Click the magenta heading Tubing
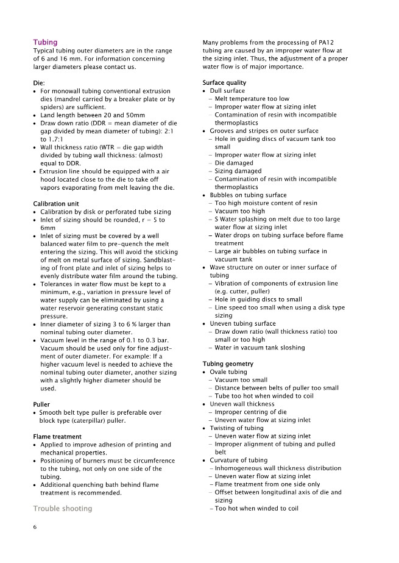pyautogui.click(x=45, y=42)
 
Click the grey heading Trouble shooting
pyautogui.click(x=63, y=508)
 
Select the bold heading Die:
pyautogui.click(x=39, y=82)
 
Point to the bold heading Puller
pyautogui.click(x=42, y=404)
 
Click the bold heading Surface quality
pyautogui.click(x=224, y=82)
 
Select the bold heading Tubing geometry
pyautogui.click(x=228, y=364)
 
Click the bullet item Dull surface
pyautogui.click(x=227, y=91)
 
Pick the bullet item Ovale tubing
pyautogui.click(x=228, y=372)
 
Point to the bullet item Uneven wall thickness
pyautogui.click(x=242, y=404)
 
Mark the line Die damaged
pyautogui.click(x=236, y=163)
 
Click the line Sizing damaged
pyautogui.click(x=239, y=171)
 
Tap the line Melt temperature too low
pyautogui.click(x=252, y=99)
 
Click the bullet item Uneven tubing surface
pyautogui.click(x=242, y=323)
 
